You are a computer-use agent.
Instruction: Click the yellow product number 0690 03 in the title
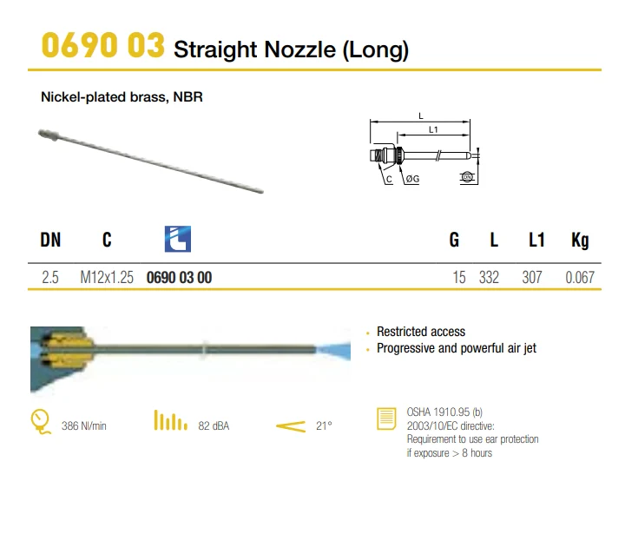(x=102, y=45)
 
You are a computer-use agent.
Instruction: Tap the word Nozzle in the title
(x=299, y=49)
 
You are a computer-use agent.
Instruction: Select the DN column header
(x=50, y=240)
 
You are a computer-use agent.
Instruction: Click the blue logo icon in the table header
(x=178, y=239)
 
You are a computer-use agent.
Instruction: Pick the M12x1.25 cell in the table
(x=107, y=277)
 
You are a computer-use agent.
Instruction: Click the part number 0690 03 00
(x=180, y=278)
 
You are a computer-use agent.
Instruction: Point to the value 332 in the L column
(x=489, y=277)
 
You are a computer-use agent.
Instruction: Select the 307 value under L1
(x=532, y=277)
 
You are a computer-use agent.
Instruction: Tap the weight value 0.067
(x=580, y=277)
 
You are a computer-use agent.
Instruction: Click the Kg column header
(x=580, y=241)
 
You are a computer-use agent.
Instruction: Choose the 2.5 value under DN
(x=50, y=277)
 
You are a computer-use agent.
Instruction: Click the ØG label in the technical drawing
(x=412, y=179)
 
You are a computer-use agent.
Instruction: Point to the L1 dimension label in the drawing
(x=433, y=129)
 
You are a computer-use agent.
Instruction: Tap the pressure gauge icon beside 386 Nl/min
(x=41, y=421)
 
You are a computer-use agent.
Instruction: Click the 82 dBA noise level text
(x=214, y=426)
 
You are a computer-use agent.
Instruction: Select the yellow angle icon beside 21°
(x=291, y=426)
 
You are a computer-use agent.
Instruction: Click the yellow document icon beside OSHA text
(x=386, y=419)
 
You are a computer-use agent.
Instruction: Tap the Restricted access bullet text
(x=421, y=332)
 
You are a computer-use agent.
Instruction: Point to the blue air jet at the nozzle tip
(x=334, y=350)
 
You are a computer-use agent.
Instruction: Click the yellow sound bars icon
(x=171, y=420)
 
